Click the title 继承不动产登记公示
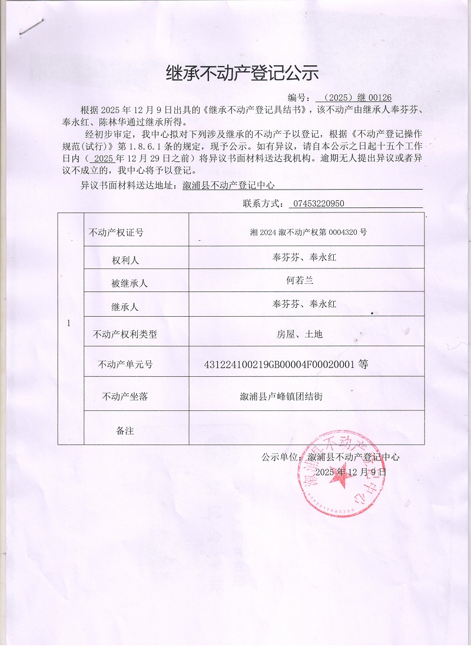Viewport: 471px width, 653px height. pos(243,73)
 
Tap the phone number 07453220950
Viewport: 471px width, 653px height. pos(317,204)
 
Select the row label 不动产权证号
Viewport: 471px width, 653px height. pos(115,233)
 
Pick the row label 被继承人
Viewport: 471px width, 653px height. pos(129,283)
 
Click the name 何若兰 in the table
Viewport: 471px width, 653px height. pos(300,281)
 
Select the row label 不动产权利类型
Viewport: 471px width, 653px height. pos(125,335)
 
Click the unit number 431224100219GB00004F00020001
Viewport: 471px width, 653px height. pos(279,364)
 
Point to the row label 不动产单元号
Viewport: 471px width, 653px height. pos(125,365)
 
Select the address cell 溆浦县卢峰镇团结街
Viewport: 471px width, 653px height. pos(277,396)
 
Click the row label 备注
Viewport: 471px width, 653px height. pos(125,431)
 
